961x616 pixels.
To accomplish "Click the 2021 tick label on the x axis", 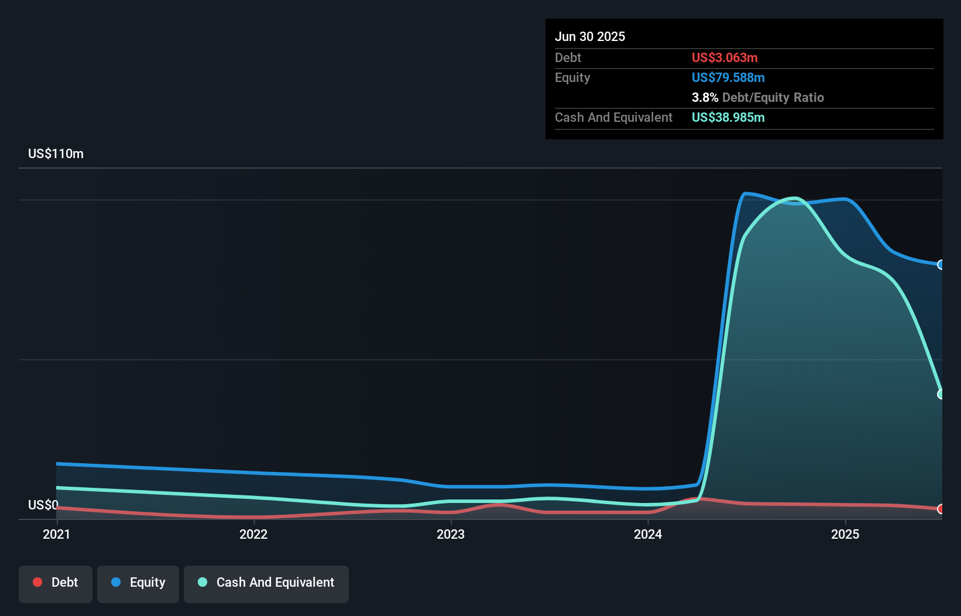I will pyautogui.click(x=56, y=534).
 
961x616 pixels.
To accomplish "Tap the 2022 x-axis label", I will pyautogui.click(x=253, y=534).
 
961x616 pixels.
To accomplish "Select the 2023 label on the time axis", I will pyautogui.click(x=451, y=534).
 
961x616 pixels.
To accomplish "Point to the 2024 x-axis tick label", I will pyautogui.click(x=648, y=534).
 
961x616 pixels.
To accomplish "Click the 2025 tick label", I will pyautogui.click(x=845, y=534).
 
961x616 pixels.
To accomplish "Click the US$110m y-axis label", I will pyautogui.click(x=56, y=153).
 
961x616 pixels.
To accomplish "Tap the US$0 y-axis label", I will pyautogui.click(x=43, y=505).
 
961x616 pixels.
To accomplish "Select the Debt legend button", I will pyautogui.click(x=56, y=583).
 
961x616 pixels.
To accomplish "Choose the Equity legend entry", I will pyautogui.click(x=138, y=583).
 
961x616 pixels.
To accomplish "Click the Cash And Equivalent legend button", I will pyautogui.click(x=266, y=583).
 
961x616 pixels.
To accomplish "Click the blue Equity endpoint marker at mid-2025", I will pyautogui.click(x=941, y=265).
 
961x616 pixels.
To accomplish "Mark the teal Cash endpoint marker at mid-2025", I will pyautogui.click(x=941, y=394).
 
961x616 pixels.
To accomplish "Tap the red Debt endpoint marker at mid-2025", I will pyautogui.click(x=941, y=509).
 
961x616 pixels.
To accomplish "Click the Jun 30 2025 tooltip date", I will pyautogui.click(x=590, y=36).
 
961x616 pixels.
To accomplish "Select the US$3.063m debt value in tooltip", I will pyautogui.click(x=725, y=57).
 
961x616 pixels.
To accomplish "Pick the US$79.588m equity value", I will pyautogui.click(x=728, y=77).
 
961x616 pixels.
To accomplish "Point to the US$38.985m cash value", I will pyautogui.click(x=728, y=117).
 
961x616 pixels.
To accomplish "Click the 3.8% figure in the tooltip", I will pyautogui.click(x=705, y=97).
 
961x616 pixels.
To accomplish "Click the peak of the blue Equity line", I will pyautogui.click(x=745, y=193).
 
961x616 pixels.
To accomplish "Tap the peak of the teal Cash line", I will pyautogui.click(x=794, y=198).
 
